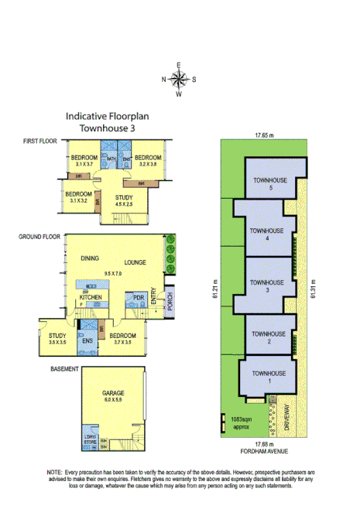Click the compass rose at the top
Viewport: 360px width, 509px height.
click(179, 78)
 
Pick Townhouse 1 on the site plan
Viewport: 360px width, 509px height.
click(267, 377)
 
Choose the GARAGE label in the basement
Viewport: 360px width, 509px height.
click(113, 394)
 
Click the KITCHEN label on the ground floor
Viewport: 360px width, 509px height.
click(92, 298)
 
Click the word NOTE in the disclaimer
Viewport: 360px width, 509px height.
click(55, 471)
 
